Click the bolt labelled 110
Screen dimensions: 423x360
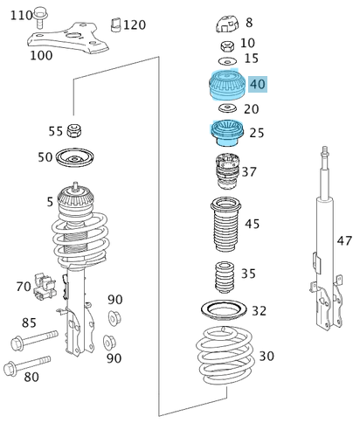(45, 16)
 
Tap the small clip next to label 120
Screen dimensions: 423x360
(114, 25)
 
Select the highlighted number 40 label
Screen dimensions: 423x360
(257, 84)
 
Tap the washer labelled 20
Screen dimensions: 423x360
(226, 109)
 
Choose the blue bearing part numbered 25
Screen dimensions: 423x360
(226, 133)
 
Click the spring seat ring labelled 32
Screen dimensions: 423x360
(224, 310)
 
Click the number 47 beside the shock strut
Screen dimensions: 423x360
(345, 240)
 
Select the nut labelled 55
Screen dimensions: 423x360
(76, 132)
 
